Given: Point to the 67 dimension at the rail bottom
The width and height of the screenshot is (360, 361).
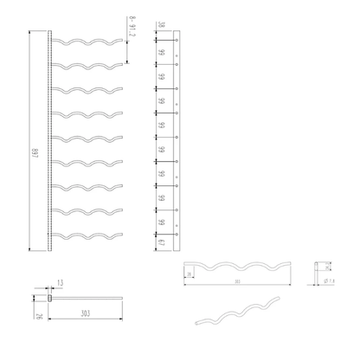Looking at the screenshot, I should click(x=162, y=242).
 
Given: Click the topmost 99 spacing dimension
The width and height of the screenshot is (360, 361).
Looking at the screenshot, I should click(x=162, y=54).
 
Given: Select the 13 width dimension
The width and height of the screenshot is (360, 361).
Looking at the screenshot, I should click(x=60, y=283).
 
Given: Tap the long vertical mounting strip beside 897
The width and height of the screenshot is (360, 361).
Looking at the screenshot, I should click(x=50, y=139).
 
